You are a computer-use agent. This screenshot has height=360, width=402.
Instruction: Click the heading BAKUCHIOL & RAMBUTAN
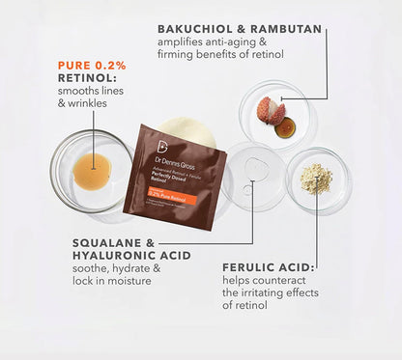(239, 30)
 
